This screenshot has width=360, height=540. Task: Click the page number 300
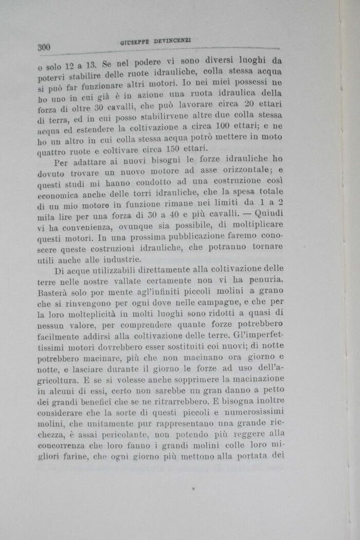pyautogui.click(x=44, y=48)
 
